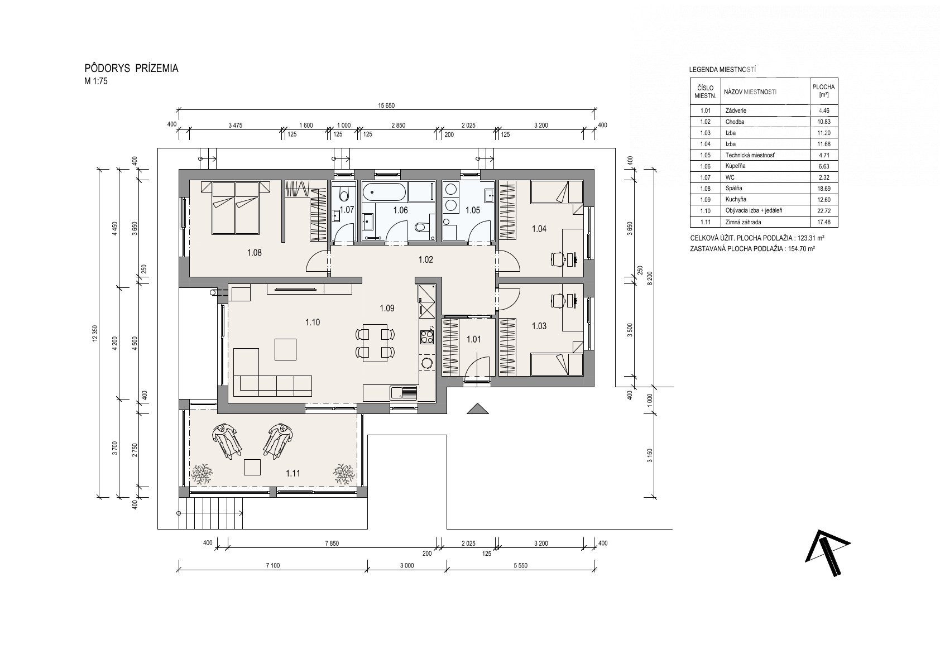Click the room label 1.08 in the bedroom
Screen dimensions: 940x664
[x=255, y=253]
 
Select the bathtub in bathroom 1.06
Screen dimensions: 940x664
[x=384, y=193]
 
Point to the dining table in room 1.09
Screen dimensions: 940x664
[x=375, y=342]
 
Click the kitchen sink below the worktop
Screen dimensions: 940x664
[x=403, y=393]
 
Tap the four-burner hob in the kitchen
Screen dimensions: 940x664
[x=427, y=337]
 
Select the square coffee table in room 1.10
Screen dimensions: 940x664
[x=285, y=349]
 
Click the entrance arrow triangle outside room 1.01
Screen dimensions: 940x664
[x=478, y=408]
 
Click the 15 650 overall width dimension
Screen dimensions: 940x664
[x=386, y=105]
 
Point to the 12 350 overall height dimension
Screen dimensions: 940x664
[x=95, y=334]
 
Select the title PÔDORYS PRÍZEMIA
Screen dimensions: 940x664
[x=131, y=69]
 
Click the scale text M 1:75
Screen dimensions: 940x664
[x=95, y=81]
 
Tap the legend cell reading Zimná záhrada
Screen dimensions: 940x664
[x=743, y=222]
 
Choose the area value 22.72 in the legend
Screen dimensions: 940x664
[x=824, y=211]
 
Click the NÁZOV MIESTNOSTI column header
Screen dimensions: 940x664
[x=750, y=92]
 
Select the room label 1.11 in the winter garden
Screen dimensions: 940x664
[x=293, y=473]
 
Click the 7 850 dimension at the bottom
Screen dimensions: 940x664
[x=332, y=543]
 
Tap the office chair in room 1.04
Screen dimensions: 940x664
[x=557, y=259]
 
